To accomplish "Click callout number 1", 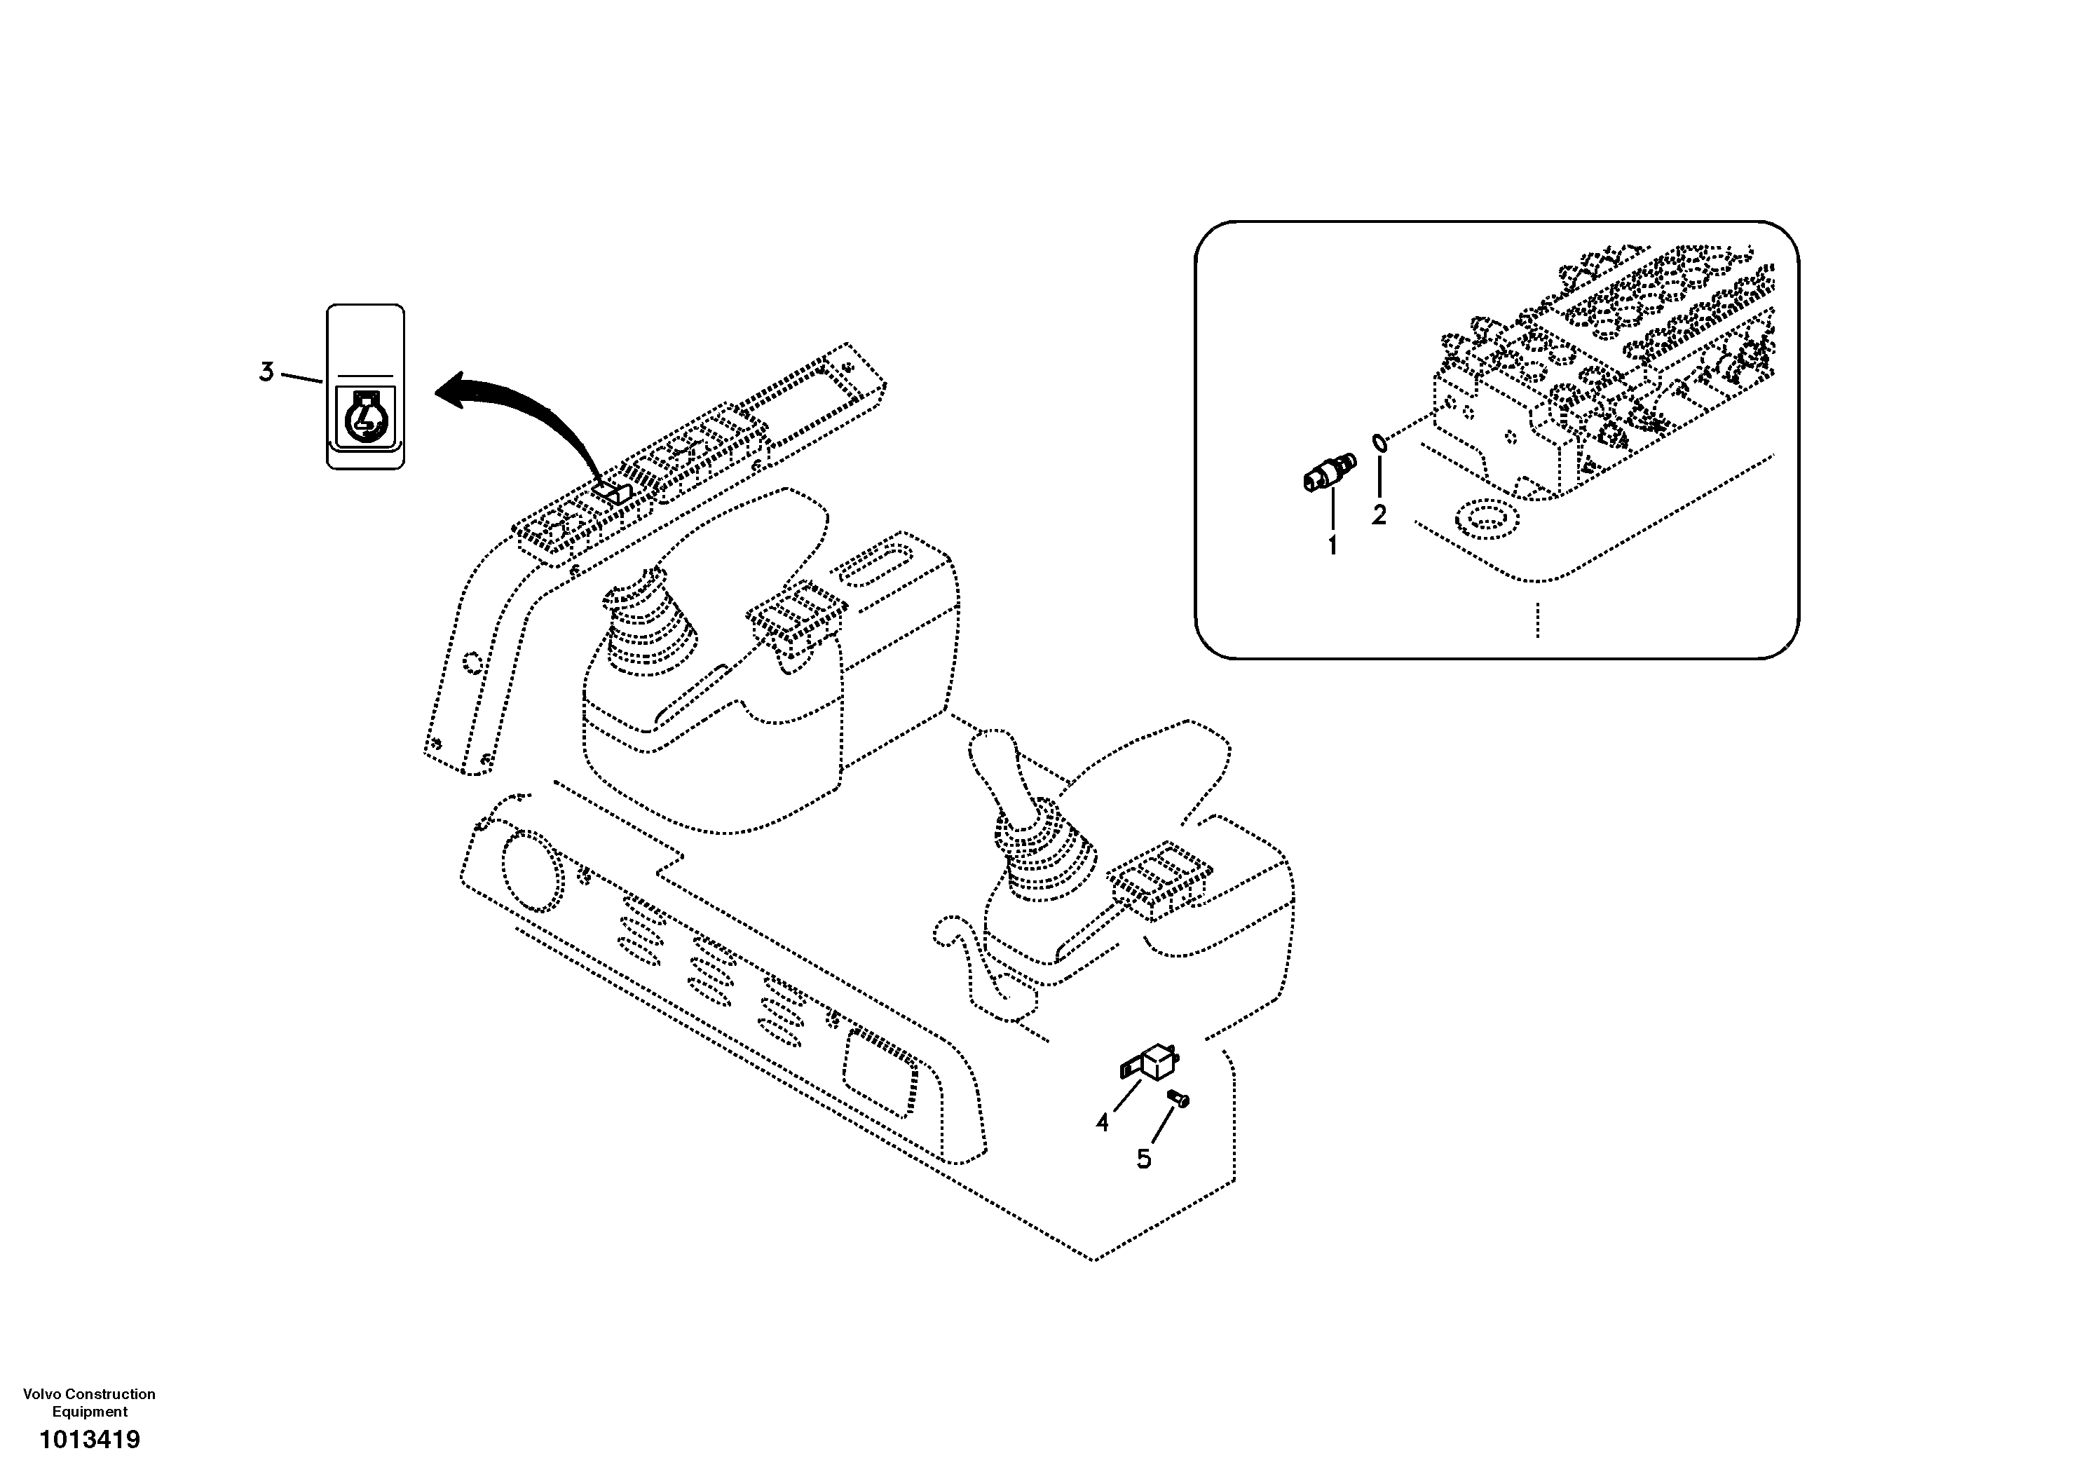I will click(x=1332, y=546).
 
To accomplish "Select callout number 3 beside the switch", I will click(x=266, y=372).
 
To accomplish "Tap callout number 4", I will click(x=1102, y=1123).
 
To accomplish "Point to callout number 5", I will click(x=1144, y=1159).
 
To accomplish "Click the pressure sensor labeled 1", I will click(x=1328, y=472).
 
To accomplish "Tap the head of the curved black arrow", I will click(x=451, y=390).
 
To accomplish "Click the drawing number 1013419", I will click(x=89, y=1440).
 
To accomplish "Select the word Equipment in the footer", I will click(x=89, y=1412).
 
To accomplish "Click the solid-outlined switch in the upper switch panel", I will click(x=613, y=491).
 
